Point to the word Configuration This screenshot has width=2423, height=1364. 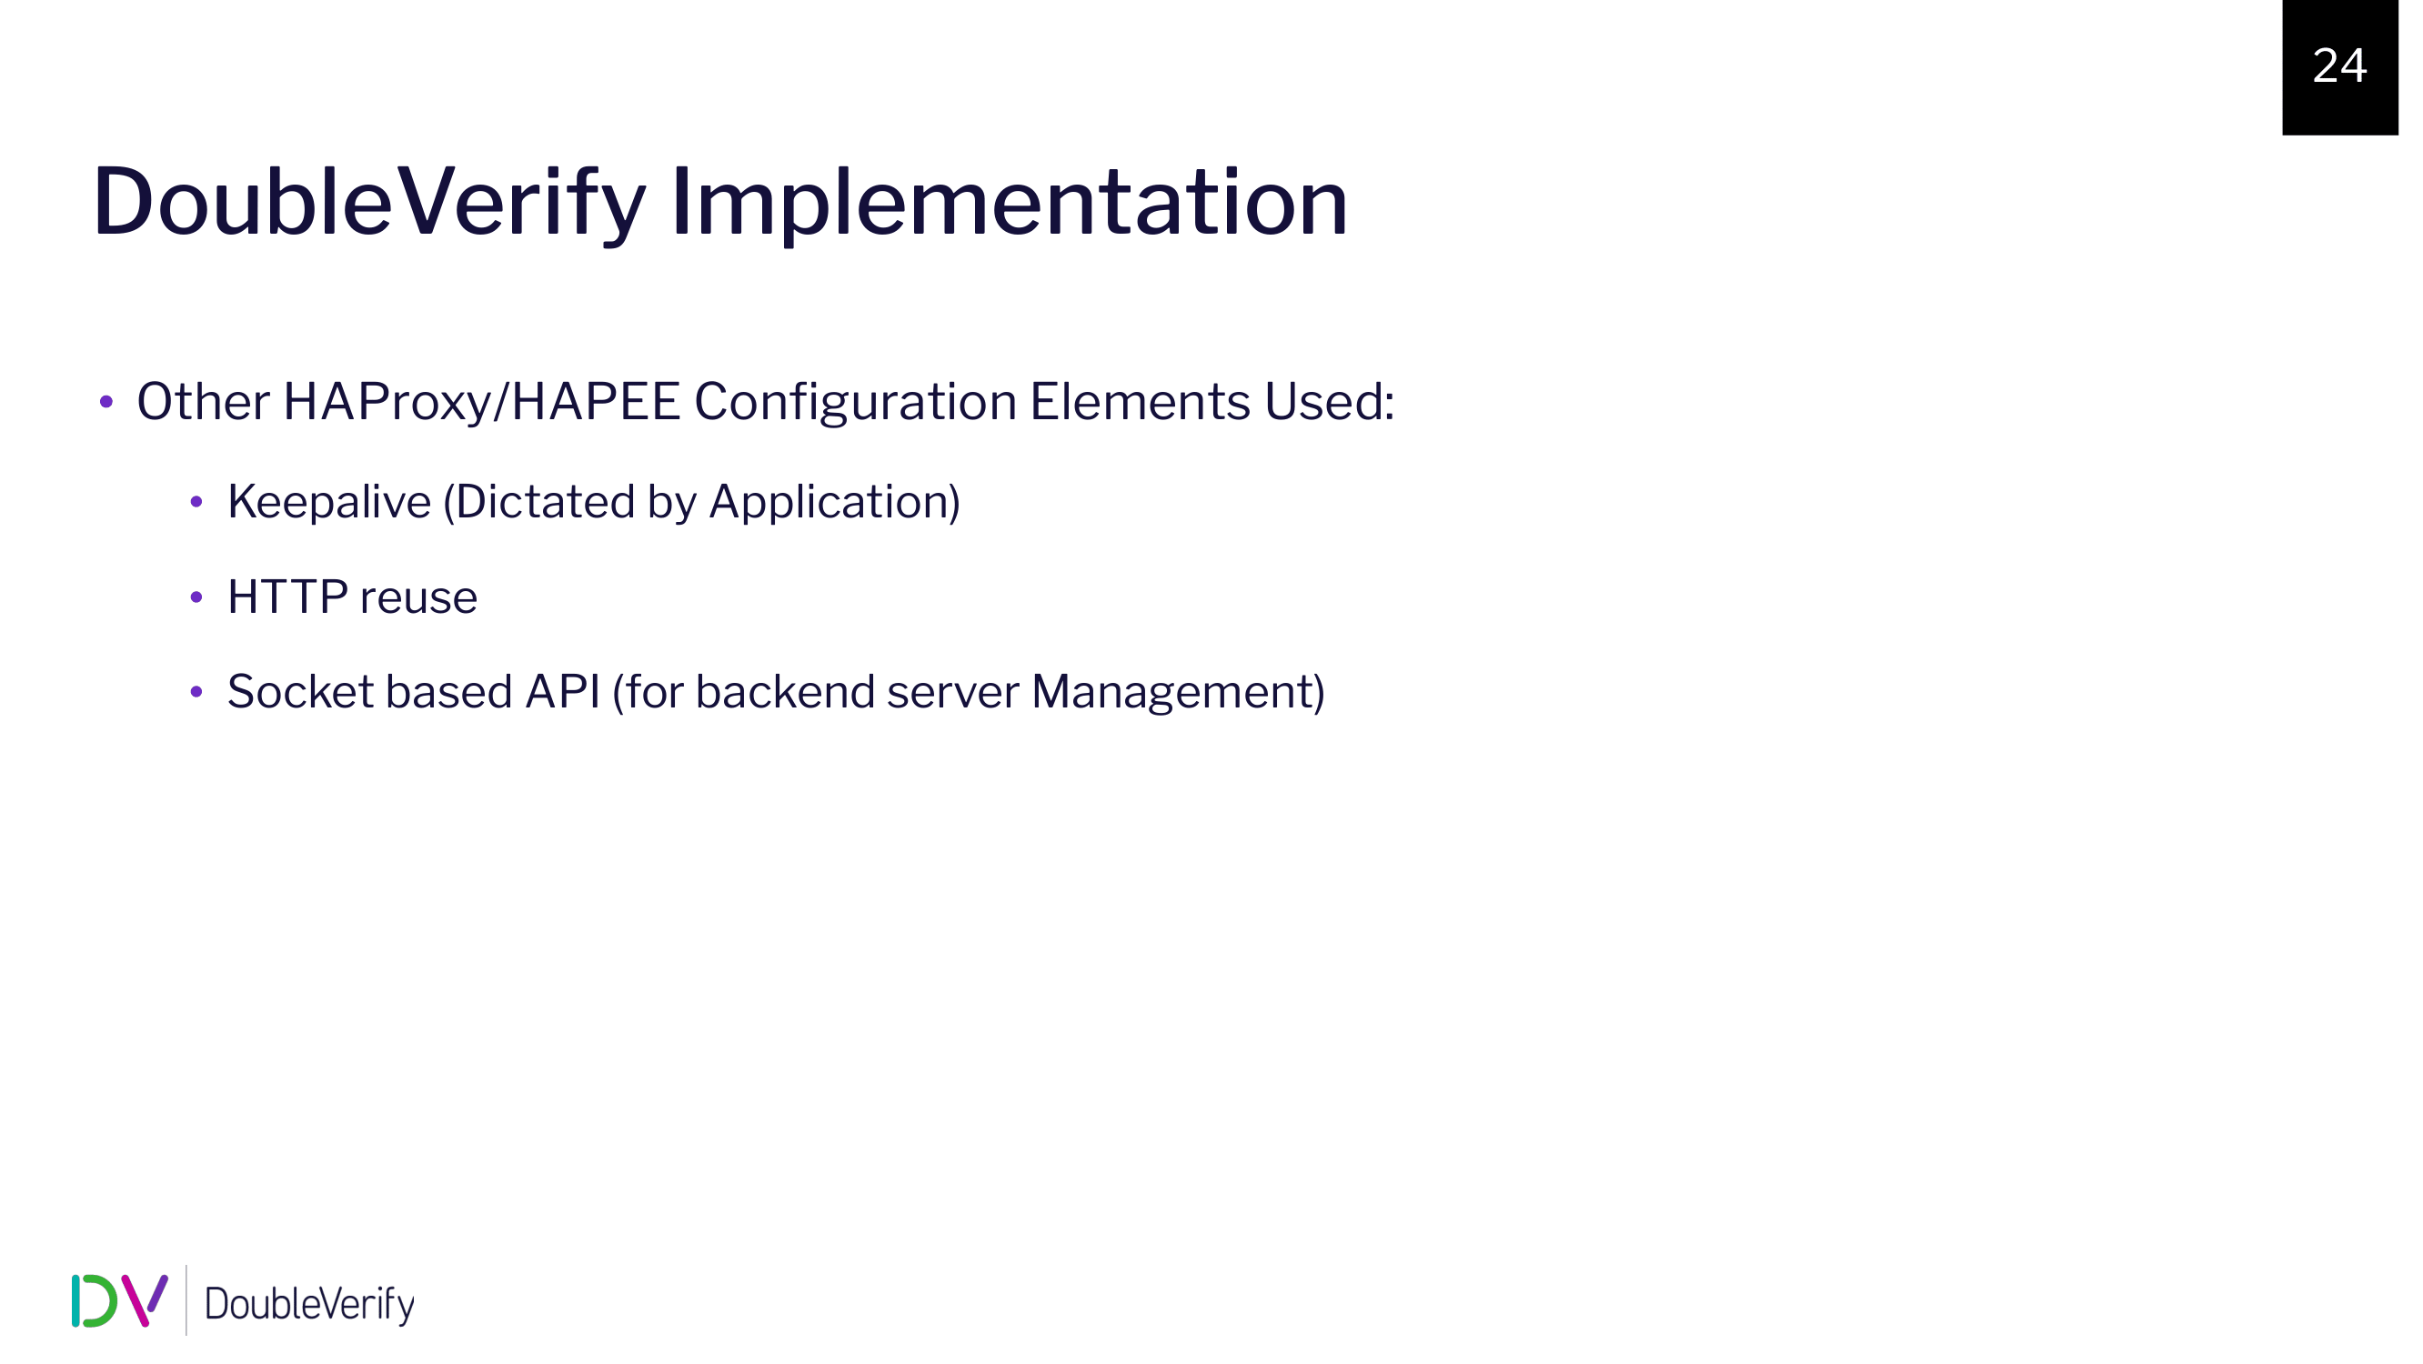point(856,403)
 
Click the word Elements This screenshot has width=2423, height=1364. point(1140,402)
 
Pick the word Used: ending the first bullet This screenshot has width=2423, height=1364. point(1329,402)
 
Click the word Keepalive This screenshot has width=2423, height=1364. point(329,502)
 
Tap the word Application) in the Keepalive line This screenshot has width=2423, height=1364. point(834,502)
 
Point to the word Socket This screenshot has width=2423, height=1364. point(300,692)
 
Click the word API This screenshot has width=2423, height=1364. point(562,691)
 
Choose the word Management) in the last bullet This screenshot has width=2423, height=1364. point(1178,693)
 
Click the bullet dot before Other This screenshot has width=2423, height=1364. point(106,404)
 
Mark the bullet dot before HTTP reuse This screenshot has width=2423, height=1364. point(196,597)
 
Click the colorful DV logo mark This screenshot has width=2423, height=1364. point(119,1301)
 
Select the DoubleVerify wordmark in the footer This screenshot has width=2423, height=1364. point(309,1304)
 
